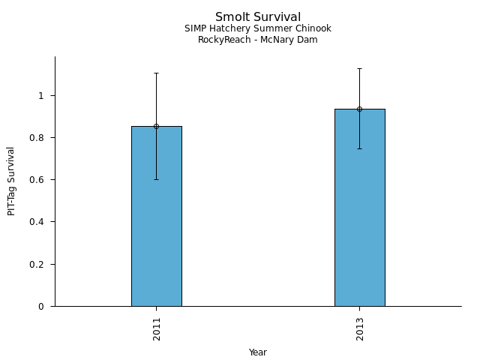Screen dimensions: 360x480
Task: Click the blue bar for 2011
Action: pyautogui.click(x=156, y=217)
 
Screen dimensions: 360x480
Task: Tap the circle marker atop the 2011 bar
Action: pyautogui.click(x=156, y=126)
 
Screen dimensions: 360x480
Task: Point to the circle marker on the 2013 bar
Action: pyautogui.click(x=359, y=109)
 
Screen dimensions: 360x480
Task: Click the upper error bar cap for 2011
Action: pyautogui.click(x=156, y=73)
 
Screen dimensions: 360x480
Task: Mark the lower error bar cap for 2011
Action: pyautogui.click(x=156, y=179)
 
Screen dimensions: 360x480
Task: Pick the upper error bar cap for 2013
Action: pyautogui.click(x=359, y=68)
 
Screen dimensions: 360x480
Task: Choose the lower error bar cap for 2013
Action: pyautogui.click(x=359, y=148)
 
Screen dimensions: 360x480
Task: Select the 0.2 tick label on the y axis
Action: pyautogui.click(x=39, y=265)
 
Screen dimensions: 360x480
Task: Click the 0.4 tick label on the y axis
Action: pyautogui.click(x=39, y=222)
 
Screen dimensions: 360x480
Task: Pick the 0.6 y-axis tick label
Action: pyautogui.click(x=39, y=180)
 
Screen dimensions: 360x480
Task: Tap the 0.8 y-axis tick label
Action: pyautogui.click(x=39, y=138)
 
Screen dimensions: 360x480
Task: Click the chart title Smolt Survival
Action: pyautogui.click(x=258, y=17)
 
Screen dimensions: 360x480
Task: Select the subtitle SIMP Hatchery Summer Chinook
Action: pyautogui.click(x=258, y=29)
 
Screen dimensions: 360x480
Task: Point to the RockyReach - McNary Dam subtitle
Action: pyautogui.click(x=258, y=40)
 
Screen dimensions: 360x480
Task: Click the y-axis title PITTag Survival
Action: pyautogui.click(x=11, y=181)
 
